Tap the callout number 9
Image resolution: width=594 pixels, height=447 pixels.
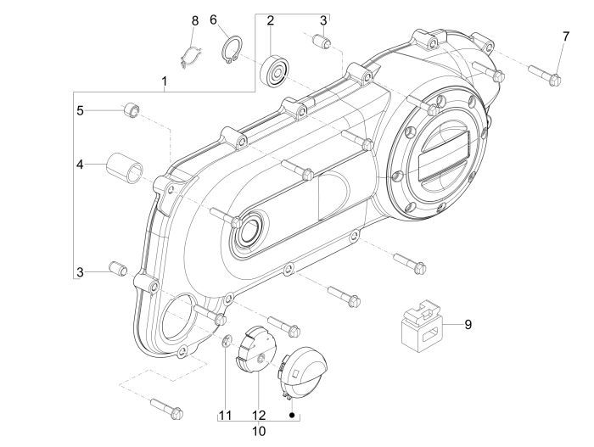pyautogui.click(x=466, y=324)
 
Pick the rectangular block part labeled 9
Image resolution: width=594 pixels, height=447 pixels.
pyautogui.click(x=421, y=325)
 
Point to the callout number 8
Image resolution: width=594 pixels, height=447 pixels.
pyautogui.click(x=194, y=20)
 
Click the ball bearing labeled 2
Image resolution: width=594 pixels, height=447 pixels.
pyautogui.click(x=275, y=68)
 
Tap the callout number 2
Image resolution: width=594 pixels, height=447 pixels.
pyautogui.click(x=270, y=20)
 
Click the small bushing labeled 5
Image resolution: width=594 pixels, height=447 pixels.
pyautogui.click(x=130, y=110)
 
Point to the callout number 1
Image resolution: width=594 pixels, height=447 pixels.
pyautogui.click(x=165, y=81)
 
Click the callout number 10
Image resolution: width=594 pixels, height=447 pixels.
pyautogui.click(x=260, y=431)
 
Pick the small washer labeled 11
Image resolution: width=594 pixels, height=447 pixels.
pyautogui.click(x=227, y=342)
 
